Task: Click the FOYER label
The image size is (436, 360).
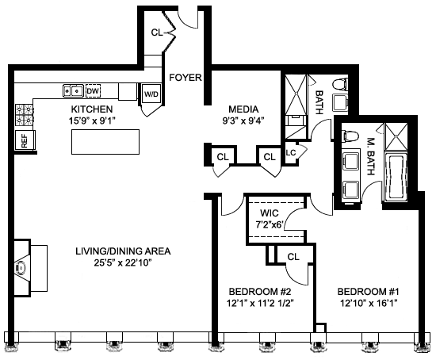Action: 185,78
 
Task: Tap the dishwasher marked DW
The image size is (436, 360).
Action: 93,90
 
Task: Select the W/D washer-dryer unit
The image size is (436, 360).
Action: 151,94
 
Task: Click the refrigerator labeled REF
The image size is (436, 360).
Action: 25,141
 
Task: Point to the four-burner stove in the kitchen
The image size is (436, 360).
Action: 25,115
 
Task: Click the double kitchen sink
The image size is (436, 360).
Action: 73,90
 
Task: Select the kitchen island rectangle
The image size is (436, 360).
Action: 105,142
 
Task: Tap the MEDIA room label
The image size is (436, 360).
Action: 243,109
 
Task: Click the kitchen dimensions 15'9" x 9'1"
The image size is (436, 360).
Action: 92,121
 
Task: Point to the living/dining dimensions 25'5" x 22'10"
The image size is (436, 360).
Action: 123,263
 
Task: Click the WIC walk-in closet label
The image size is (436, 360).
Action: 270,213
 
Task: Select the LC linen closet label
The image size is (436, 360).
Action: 291,152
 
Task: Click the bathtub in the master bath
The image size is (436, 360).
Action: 396,176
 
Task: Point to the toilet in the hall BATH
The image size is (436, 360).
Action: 340,84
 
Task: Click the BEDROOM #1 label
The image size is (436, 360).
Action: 369,292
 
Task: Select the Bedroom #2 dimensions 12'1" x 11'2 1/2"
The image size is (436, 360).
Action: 261,303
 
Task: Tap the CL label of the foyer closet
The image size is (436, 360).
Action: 156,33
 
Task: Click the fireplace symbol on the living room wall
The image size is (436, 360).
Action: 22,269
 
